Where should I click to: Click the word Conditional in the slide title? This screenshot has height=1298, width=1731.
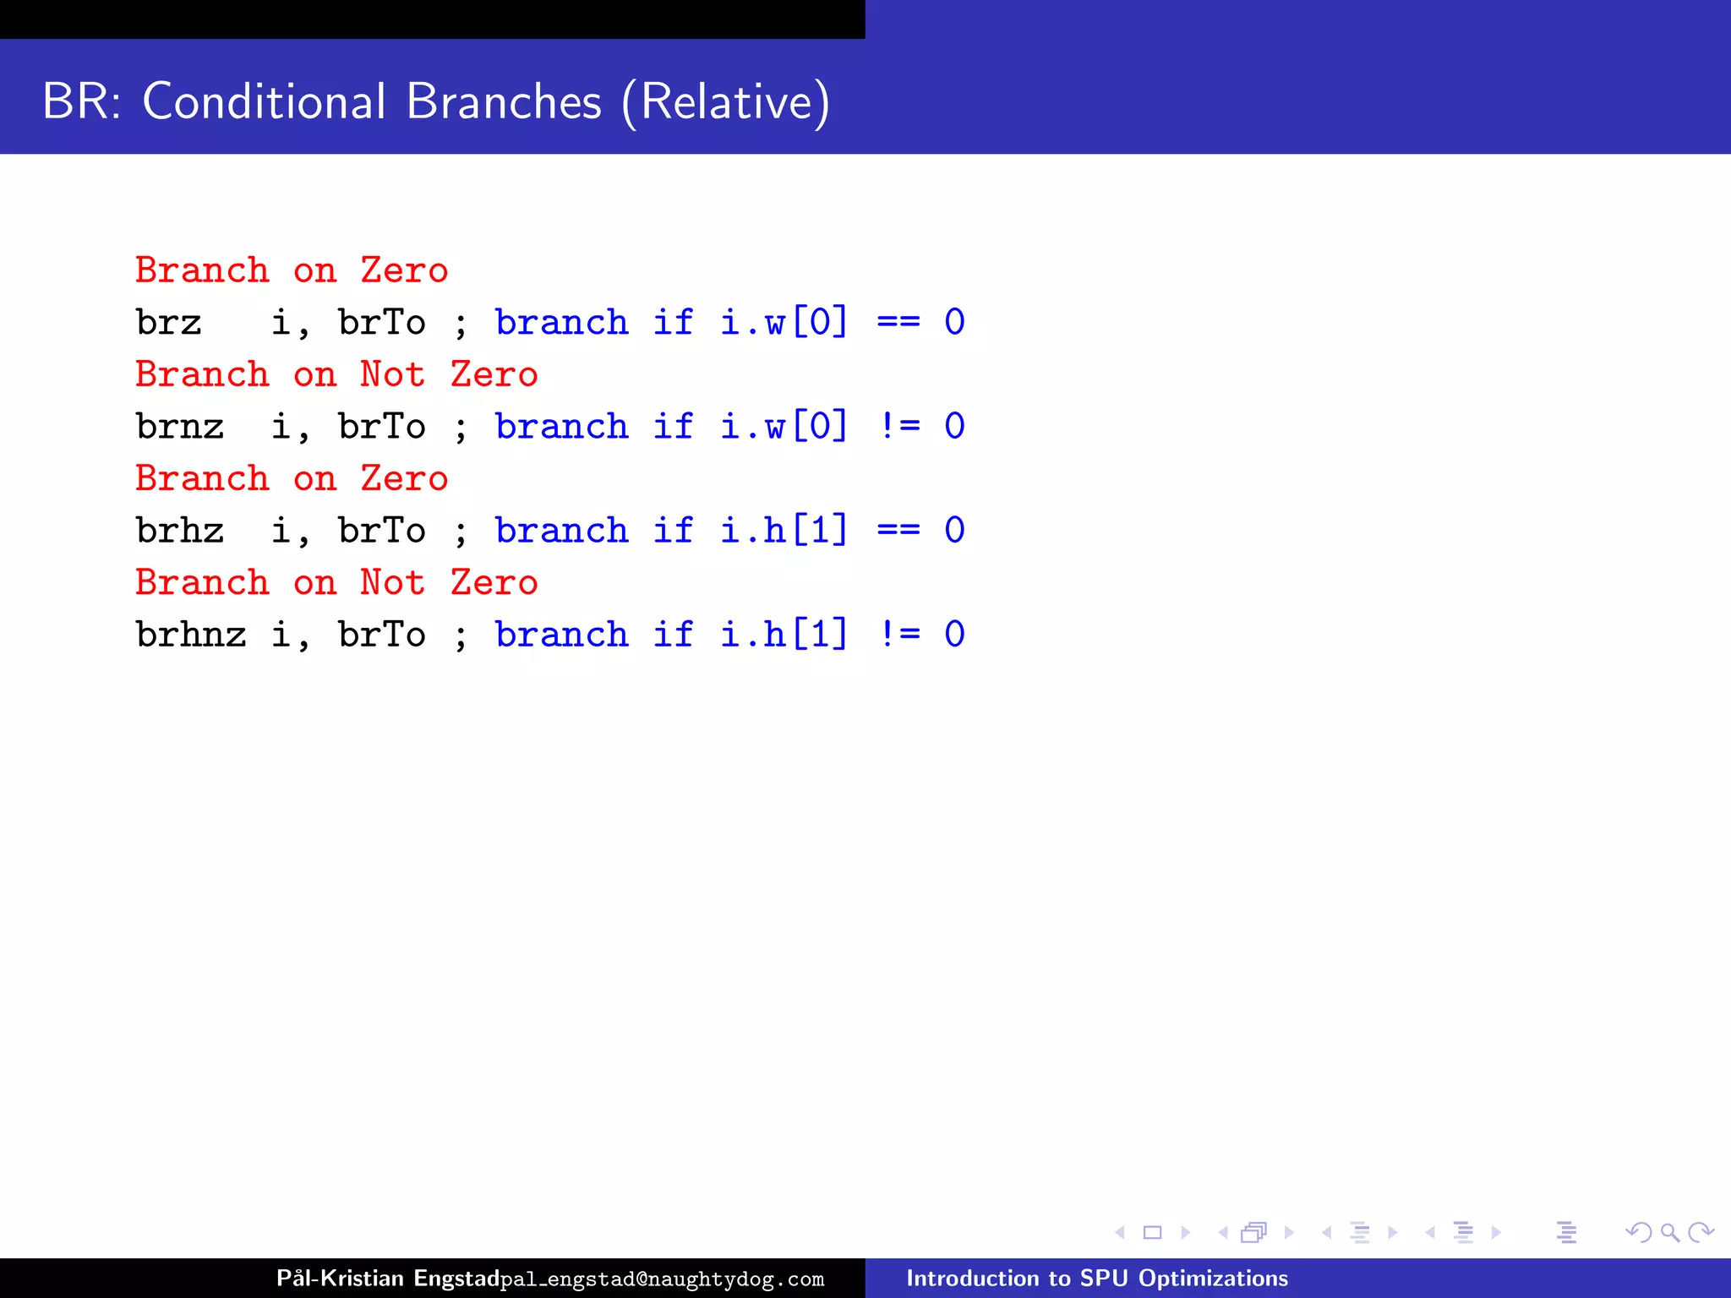pos(264,101)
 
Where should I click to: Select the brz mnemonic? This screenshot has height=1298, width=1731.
pos(169,323)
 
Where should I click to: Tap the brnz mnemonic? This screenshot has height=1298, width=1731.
pos(180,427)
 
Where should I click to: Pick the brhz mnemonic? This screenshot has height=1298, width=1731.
pos(180,531)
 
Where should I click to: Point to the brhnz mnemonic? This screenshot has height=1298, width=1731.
pos(191,635)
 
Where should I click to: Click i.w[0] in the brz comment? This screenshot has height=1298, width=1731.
pos(784,323)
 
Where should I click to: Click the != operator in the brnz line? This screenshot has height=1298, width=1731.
pos(898,427)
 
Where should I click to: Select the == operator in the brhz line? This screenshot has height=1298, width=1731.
pos(898,531)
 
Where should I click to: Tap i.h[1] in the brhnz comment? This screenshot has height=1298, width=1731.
pos(784,635)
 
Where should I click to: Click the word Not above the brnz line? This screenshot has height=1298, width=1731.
pos(392,374)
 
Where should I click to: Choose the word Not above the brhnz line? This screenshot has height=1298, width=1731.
pos(392,583)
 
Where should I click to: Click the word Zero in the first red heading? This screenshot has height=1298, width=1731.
pos(404,270)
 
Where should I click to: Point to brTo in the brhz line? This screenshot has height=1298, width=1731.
pos(382,531)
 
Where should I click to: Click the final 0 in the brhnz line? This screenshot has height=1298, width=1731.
pos(954,635)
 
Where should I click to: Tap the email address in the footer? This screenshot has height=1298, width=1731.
pos(662,1279)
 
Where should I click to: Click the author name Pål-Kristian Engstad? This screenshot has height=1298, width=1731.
pos(387,1278)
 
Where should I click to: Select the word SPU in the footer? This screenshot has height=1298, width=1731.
pos(1104,1278)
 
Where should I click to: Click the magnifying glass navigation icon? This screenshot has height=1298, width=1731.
pos(1669,1233)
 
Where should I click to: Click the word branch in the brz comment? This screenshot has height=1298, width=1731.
pos(562,323)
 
